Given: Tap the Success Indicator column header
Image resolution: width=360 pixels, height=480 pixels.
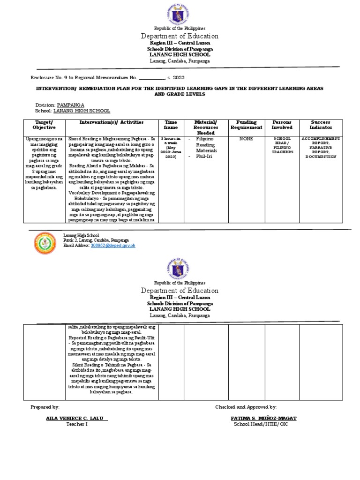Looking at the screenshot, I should pyautogui.click(x=321, y=125).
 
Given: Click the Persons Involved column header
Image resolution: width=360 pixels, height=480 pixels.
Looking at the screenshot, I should pyautogui.click(x=282, y=125).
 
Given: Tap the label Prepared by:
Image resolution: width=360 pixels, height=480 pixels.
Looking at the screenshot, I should pyautogui.click(x=45, y=407).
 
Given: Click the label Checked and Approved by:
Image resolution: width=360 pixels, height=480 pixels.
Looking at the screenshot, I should pyautogui.click(x=246, y=407).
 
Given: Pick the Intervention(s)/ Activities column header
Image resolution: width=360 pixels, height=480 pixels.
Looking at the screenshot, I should pyautogui.click(x=105, y=122).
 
